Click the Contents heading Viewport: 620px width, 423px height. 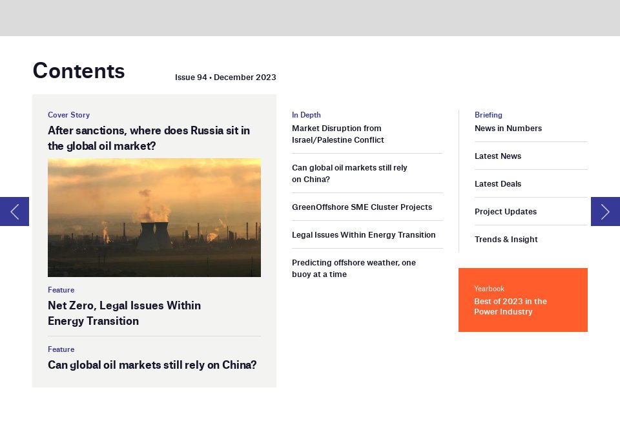click(79, 71)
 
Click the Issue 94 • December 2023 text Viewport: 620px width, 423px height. click(225, 77)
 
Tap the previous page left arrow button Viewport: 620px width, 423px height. click(14, 212)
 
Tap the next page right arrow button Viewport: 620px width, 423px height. click(605, 212)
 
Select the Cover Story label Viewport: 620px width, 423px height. click(69, 115)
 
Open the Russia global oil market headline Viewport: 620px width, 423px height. click(149, 138)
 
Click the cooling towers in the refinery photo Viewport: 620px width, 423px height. click(154, 236)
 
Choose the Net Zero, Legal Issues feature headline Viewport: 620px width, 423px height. click(124, 313)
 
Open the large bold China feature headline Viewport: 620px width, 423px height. click(152, 364)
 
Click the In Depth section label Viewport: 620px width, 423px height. click(306, 115)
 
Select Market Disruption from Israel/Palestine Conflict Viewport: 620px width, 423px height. click(338, 134)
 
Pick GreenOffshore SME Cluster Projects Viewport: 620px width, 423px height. click(362, 207)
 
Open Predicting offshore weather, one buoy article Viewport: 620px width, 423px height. click(353, 269)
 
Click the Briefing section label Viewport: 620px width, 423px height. click(488, 115)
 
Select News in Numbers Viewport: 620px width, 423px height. click(508, 128)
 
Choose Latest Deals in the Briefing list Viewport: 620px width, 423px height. click(498, 184)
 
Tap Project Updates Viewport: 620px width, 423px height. click(505, 212)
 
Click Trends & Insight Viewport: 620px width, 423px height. click(506, 239)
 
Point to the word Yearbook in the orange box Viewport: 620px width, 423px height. click(489, 289)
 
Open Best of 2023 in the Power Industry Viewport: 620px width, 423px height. click(510, 306)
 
